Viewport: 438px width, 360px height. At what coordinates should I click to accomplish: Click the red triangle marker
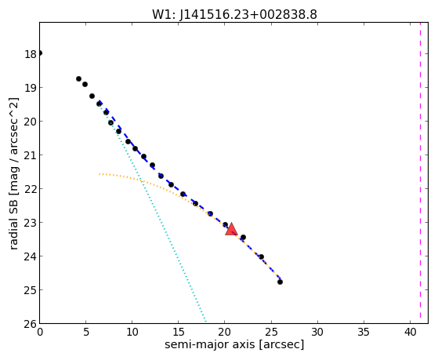[231, 229]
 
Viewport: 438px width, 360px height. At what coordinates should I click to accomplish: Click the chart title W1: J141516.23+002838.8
[234, 14]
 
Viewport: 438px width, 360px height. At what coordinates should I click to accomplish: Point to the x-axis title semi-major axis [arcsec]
[234, 344]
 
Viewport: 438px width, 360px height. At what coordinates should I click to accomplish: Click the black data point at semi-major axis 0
[40, 53]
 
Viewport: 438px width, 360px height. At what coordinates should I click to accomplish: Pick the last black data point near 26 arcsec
[280, 282]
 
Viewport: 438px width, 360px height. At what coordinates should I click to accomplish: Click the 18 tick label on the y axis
[31, 54]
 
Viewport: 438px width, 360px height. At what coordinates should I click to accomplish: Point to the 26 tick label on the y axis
[31, 324]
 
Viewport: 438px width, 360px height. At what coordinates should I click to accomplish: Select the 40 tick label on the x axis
[410, 332]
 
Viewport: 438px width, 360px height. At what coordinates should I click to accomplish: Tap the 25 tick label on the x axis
[271, 332]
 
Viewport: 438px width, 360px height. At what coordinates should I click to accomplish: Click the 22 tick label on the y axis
[31, 189]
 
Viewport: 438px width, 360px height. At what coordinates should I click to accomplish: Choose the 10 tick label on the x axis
[132, 332]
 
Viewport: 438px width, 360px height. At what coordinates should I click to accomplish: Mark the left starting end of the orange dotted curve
[100, 174]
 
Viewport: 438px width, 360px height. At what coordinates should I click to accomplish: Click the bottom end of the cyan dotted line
[206, 322]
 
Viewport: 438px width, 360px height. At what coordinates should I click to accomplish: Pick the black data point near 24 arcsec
[261, 256]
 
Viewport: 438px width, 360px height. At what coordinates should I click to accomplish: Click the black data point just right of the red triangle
[243, 237]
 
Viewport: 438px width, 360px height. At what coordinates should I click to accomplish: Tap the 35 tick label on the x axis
[364, 332]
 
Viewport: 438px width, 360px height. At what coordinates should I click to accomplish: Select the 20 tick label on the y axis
[31, 122]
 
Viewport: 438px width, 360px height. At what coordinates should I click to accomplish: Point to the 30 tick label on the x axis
[317, 332]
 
